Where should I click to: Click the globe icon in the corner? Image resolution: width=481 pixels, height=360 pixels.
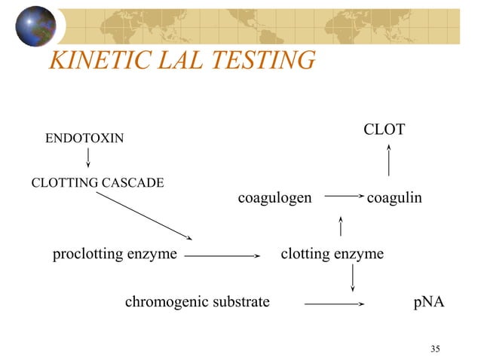[35, 26]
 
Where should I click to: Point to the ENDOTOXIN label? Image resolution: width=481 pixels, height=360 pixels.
[85, 139]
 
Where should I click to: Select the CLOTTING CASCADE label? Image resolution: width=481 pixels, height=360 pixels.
[97, 183]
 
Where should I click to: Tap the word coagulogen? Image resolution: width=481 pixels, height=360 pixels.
[274, 198]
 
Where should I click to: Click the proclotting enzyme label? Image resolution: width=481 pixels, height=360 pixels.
[115, 254]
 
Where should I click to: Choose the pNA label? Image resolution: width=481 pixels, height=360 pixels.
[428, 303]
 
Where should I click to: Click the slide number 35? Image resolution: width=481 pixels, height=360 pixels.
[435, 348]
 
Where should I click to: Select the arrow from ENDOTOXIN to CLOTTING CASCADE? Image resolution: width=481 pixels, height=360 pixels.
[88, 157]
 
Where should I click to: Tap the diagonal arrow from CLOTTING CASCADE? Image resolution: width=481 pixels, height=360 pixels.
[144, 216]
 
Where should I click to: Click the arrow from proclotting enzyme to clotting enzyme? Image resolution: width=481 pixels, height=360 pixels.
[222, 255]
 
